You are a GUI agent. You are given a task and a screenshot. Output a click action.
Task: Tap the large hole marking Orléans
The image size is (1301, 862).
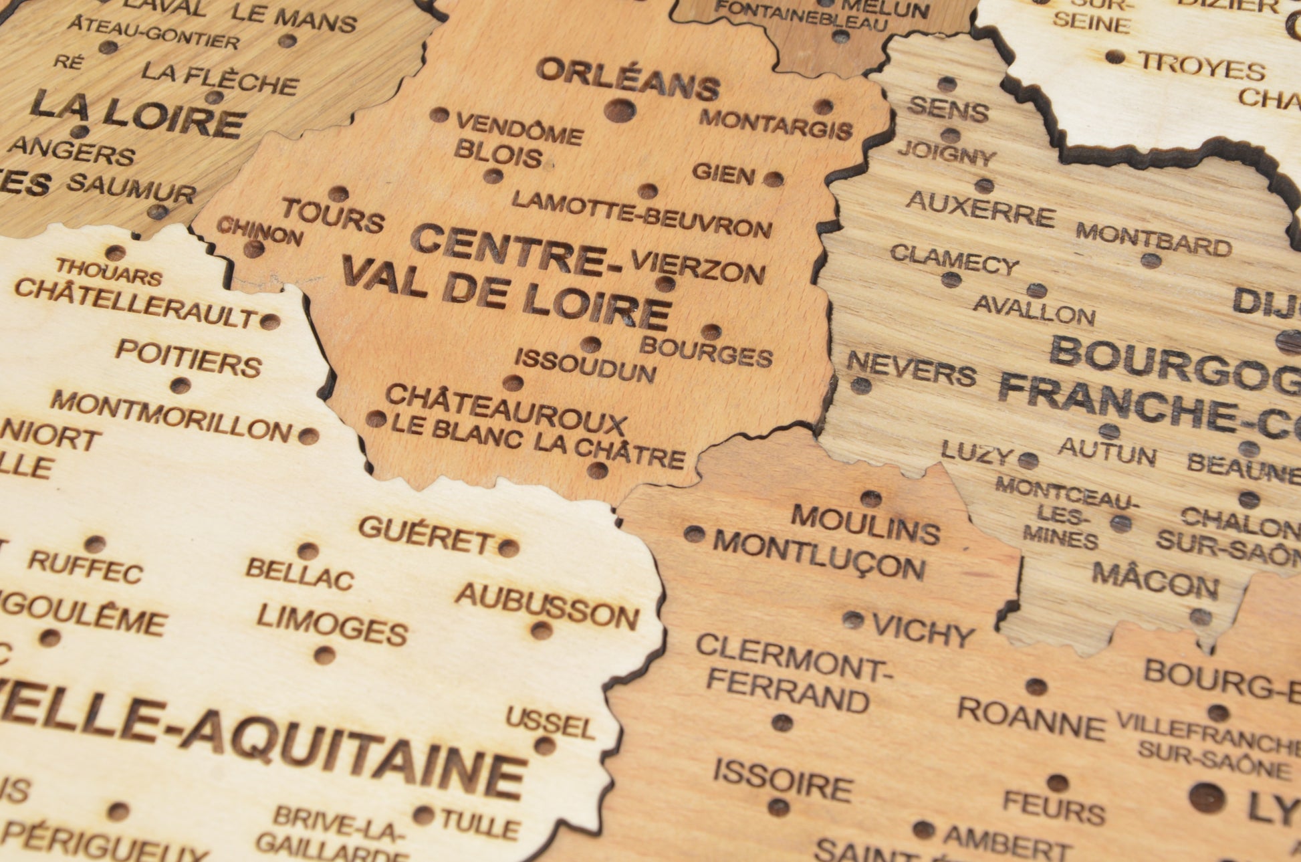tap(620, 110)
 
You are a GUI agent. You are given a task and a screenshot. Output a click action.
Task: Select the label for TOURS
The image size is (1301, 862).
tap(333, 215)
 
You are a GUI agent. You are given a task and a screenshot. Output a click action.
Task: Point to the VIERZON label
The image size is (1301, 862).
tap(698, 267)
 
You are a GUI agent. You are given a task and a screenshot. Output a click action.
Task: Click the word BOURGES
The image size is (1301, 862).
tap(706, 352)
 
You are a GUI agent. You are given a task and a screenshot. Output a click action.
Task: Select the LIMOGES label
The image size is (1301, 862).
tap(332, 624)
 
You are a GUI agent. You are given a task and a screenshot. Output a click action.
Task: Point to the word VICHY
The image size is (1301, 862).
tap(923, 631)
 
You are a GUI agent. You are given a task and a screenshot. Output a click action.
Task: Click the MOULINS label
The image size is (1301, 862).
tap(866, 524)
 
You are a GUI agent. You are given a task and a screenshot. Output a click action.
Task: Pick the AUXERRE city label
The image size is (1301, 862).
tap(980, 208)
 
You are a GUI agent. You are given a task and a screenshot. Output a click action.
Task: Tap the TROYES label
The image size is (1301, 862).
tap(1201, 67)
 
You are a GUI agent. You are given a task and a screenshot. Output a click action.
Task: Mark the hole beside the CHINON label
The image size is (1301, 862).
tap(253, 249)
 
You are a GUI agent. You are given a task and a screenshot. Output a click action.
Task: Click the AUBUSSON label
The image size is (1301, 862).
tap(547, 606)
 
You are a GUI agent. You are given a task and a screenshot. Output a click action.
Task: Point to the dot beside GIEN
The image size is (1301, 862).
tap(773, 179)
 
